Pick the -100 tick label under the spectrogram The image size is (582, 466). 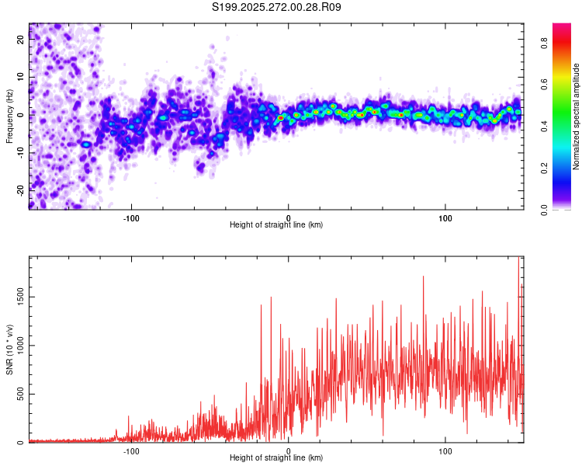coord(131,217)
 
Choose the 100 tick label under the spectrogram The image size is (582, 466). coord(446,217)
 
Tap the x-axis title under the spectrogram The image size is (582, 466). coord(276,225)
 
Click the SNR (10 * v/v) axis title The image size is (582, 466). coord(9,349)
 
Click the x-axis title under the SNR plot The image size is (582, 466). coord(276,458)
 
